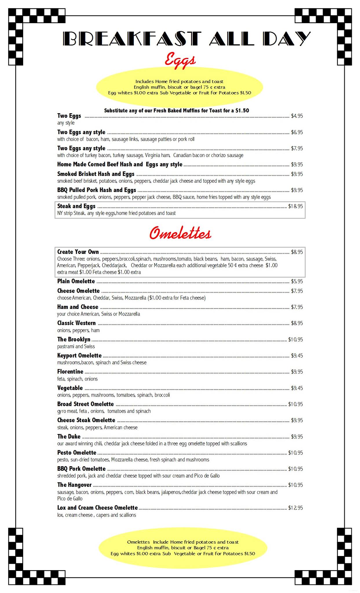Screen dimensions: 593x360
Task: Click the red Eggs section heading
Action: click(x=180, y=60)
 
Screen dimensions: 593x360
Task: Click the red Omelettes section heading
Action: click(x=180, y=233)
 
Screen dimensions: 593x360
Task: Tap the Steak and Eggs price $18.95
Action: click(x=295, y=206)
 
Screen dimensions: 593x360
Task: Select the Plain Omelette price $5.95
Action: click(x=297, y=281)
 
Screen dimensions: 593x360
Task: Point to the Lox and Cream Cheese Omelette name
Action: click(x=97, y=508)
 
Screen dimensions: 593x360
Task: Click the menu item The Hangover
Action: click(x=74, y=485)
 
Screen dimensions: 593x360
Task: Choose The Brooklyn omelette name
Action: click(x=74, y=339)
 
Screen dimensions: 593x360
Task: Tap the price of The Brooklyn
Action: click(x=295, y=339)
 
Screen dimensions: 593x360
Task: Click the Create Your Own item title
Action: click(x=78, y=252)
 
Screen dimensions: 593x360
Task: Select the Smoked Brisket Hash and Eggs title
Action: click(x=96, y=174)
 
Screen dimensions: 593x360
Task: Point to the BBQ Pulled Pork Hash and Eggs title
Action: click(x=96, y=190)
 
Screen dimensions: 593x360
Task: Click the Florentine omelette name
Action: click(x=70, y=371)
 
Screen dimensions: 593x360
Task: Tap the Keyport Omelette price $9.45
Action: click(x=297, y=356)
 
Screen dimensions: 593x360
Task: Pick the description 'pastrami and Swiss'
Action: click(x=76, y=346)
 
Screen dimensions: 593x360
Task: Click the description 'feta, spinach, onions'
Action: click(x=77, y=379)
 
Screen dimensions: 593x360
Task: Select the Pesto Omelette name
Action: click(x=76, y=453)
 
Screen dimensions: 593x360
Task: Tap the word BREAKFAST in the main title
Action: click(x=132, y=39)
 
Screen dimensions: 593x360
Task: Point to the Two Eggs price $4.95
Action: click(x=297, y=116)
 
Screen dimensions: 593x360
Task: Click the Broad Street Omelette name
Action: click(x=85, y=404)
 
